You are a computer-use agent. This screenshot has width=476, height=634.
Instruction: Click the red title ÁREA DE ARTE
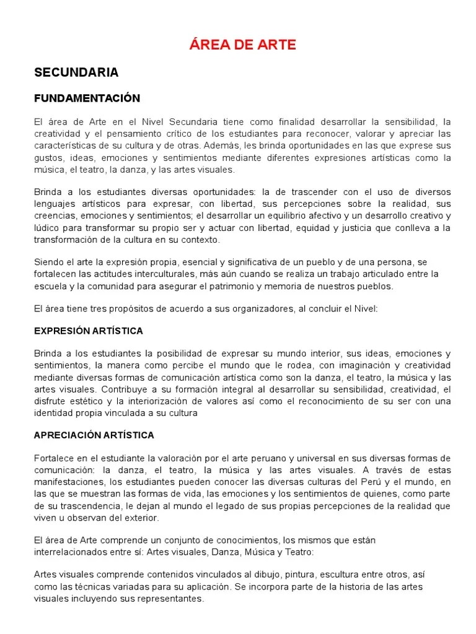pyautogui.click(x=242, y=45)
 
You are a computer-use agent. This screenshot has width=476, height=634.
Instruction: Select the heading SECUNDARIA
pyautogui.click(x=76, y=72)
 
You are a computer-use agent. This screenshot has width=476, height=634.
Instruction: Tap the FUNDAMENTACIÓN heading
pyautogui.click(x=87, y=98)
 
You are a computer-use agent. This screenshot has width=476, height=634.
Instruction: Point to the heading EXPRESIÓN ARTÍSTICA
pyautogui.click(x=89, y=331)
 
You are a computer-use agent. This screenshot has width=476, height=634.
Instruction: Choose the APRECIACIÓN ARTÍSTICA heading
pyautogui.click(x=94, y=435)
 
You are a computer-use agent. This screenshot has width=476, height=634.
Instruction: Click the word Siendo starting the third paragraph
pyautogui.click(x=48, y=262)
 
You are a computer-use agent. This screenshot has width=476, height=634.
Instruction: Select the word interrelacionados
pyautogui.click(x=70, y=552)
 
